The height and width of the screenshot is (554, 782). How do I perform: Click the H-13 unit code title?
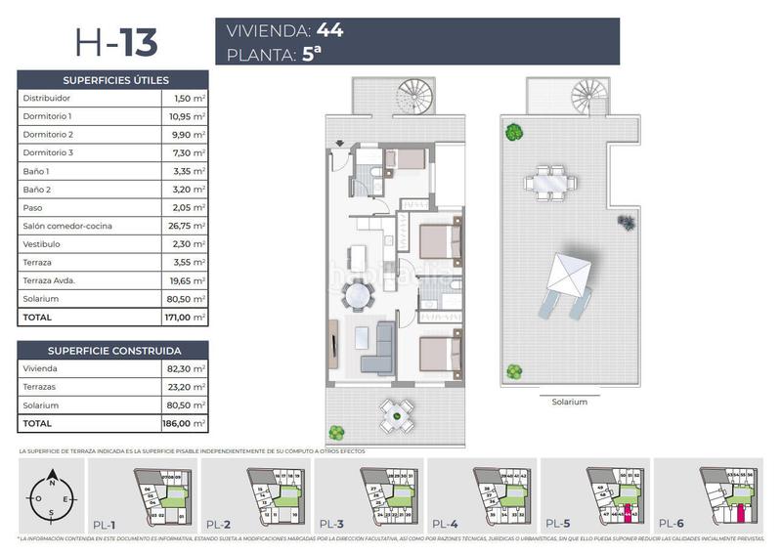[115, 42]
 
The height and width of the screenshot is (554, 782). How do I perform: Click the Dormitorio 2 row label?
[48, 135]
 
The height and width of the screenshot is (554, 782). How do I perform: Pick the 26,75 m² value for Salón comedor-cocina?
[186, 226]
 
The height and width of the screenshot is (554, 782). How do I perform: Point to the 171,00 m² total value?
[185, 318]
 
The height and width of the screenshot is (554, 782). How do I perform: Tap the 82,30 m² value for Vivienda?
[186, 368]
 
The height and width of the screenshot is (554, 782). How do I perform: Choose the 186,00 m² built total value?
[185, 424]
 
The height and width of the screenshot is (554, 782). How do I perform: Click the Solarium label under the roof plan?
[569, 402]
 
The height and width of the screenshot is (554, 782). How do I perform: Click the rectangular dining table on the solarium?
[547, 181]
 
